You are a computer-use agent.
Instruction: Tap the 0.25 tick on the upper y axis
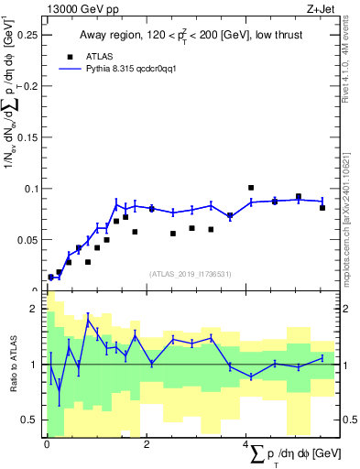[x=27, y=35]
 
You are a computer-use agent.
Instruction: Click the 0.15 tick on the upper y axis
[x=27, y=137]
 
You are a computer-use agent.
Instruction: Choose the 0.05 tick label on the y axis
[x=27, y=240]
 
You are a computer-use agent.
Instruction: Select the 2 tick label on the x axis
[x=147, y=444]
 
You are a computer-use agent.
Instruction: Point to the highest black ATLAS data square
[x=251, y=188]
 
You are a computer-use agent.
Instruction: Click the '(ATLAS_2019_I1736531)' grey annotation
[x=190, y=273]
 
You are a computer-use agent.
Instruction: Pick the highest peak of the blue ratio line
[x=88, y=320]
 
